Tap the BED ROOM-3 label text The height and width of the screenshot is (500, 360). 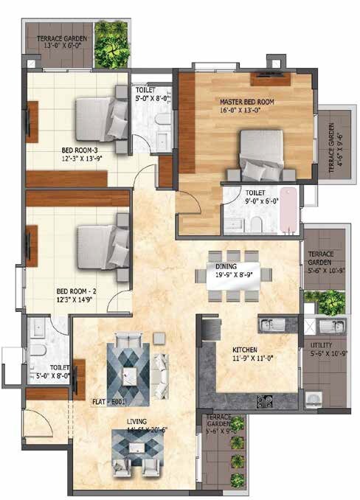click(81, 150)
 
